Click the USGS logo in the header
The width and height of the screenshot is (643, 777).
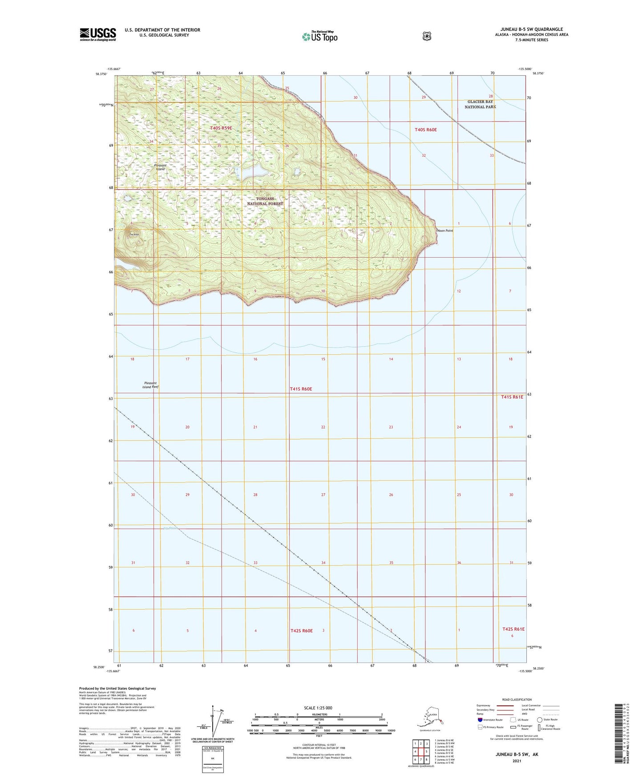click(x=98, y=34)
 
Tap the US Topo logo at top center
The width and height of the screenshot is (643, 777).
click(x=319, y=36)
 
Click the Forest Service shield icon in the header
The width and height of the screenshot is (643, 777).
click(x=427, y=36)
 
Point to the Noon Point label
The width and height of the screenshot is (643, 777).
click(x=445, y=231)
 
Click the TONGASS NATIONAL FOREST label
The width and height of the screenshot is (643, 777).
click(x=265, y=201)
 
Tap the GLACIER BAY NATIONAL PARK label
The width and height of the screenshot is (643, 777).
click(x=480, y=104)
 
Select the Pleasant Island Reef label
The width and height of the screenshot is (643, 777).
click(x=150, y=385)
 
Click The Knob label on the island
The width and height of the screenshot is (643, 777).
click(x=134, y=235)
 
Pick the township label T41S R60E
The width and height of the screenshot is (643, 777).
click(x=301, y=389)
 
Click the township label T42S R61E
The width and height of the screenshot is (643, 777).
click(x=513, y=629)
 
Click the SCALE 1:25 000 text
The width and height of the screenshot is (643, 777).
click(x=318, y=708)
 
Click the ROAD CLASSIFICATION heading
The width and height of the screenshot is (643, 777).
click(x=517, y=700)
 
